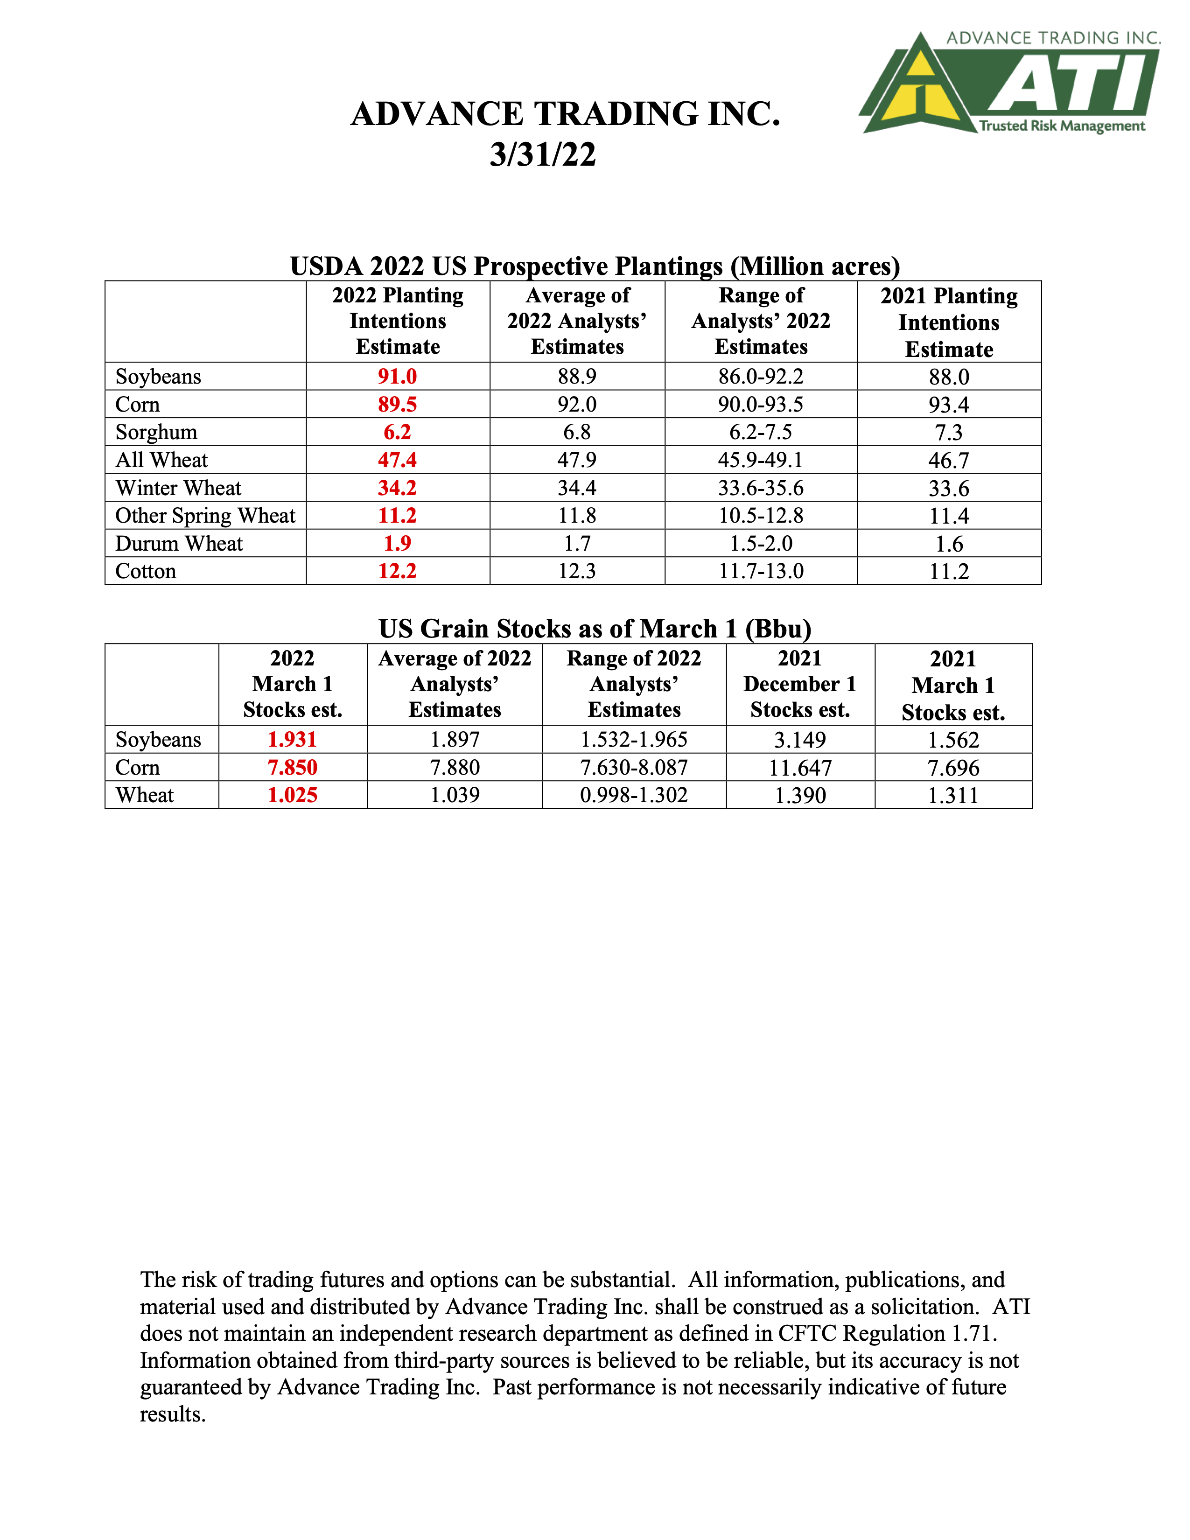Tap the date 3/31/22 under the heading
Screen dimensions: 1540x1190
coord(543,154)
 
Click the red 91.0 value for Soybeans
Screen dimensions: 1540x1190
coord(397,377)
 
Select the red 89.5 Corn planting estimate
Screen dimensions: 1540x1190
coord(397,404)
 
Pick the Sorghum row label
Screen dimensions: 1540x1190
coord(156,432)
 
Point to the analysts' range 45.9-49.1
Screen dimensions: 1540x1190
coord(761,460)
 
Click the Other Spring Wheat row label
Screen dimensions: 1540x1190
coord(205,516)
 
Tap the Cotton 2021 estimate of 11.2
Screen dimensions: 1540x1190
coord(949,571)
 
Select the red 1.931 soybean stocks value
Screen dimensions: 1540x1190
coord(293,740)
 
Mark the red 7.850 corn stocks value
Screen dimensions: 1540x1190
coord(293,767)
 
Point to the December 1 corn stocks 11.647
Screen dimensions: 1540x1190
coord(800,767)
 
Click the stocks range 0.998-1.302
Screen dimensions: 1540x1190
coord(634,795)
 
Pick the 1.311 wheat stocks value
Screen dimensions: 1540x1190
coord(953,795)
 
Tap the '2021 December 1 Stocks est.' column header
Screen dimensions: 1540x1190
coord(800,684)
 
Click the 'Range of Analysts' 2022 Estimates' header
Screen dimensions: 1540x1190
coord(761,321)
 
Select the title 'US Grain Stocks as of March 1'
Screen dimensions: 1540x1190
coord(594,628)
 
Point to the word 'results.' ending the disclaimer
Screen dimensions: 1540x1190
coord(173,1414)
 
